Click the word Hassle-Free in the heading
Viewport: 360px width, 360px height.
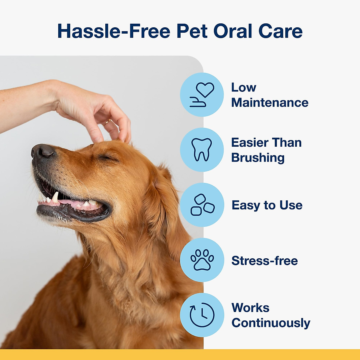click(x=114, y=31)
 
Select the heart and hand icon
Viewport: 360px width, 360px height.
click(x=202, y=94)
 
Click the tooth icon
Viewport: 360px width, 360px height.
click(x=202, y=149)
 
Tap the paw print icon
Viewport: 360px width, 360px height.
click(x=202, y=260)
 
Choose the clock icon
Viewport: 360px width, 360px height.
click(x=202, y=315)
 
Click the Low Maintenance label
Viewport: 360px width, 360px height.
click(x=269, y=95)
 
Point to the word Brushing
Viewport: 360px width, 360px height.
click(x=258, y=158)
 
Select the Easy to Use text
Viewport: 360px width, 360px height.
click(x=267, y=205)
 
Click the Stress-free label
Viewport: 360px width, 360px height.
click(x=265, y=261)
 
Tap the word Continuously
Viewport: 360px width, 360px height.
click(x=271, y=323)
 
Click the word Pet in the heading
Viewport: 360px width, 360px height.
click(x=192, y=31)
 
